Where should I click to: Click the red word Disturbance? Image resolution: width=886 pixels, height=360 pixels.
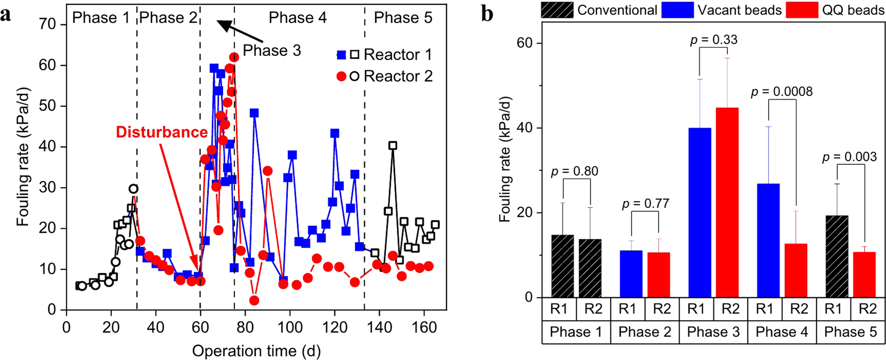coord(162,132)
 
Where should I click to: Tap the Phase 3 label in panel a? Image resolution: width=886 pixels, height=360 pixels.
coord(272,50)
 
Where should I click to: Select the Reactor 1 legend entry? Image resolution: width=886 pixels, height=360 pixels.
coord(384,54)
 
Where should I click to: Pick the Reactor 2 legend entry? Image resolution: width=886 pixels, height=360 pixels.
coord(384,76)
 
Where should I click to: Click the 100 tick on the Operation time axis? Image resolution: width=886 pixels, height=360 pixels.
coord(290,327)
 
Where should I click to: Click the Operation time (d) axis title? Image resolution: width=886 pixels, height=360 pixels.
coord(256,351)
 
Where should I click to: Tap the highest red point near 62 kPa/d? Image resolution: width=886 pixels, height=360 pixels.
coord(234,57)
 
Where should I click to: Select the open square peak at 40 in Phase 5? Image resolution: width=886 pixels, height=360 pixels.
coord(392,145)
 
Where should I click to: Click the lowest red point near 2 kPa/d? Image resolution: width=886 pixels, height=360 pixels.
coord(254,301)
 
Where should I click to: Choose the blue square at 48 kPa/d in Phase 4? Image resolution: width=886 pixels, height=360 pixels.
coord(254,113)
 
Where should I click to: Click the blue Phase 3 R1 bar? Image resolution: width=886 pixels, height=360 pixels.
coord(700,213)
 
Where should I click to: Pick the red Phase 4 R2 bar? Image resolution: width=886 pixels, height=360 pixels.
coord(796,270)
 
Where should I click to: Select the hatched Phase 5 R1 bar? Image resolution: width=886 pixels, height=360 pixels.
coord(837,256)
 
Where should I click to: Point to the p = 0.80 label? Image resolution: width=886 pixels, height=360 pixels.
coord(574,171)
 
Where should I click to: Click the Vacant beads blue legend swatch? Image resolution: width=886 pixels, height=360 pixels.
coord(677,10)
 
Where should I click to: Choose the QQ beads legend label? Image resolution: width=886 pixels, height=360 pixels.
coord(853,10)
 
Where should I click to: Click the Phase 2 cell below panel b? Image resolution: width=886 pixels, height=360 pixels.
coord(645,332)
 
